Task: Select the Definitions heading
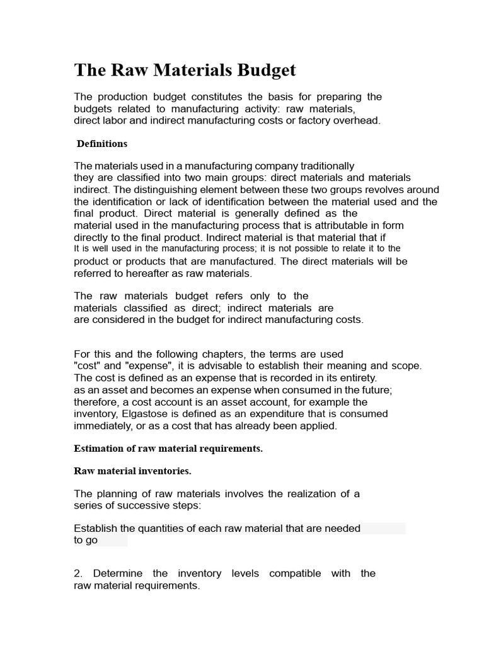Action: click(x=102, y=144)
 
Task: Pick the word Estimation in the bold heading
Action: click(x=99, y=449)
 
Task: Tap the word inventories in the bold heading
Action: click(x=163, y=471)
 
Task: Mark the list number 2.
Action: click(x=78, y=573)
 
